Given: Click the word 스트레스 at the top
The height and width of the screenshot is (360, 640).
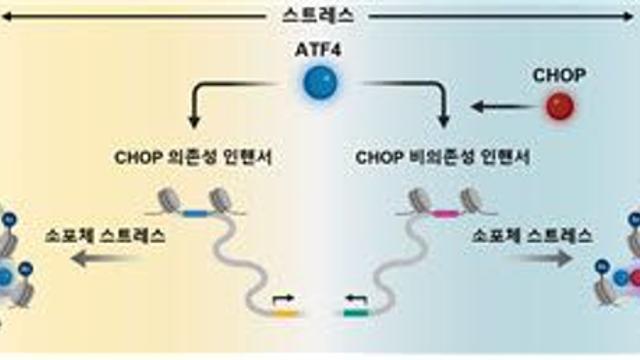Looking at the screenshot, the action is [318, 16].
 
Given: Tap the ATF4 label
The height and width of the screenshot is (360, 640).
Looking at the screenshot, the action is [318, 50].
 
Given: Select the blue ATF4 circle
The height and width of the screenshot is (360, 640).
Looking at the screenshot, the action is [320, 82].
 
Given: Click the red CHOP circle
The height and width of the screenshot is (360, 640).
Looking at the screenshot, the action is [560, 106].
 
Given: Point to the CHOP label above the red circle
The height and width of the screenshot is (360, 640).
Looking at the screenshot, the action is [559, 75].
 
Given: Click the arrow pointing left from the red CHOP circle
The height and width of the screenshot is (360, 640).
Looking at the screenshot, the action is [504, 107].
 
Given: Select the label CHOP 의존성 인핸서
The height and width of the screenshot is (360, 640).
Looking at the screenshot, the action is [193, 158].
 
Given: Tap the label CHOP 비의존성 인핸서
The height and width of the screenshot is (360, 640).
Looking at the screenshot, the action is [443, 158].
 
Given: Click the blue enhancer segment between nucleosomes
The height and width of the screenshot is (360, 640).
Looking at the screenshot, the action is [196, 213].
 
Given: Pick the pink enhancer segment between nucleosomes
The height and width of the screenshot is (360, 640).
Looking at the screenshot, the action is [447, 213].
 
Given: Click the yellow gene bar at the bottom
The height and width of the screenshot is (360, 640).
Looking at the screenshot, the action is [286, 313].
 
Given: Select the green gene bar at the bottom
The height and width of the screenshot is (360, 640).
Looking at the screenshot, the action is [356, 313].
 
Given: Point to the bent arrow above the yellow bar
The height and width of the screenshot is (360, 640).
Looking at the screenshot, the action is [283, 299].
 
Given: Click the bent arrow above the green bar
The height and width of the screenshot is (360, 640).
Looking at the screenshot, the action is [356, 299].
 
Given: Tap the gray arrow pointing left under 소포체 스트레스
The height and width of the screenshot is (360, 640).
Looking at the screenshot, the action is [107, 259].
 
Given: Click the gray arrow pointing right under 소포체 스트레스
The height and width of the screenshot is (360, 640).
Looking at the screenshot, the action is [538, 258].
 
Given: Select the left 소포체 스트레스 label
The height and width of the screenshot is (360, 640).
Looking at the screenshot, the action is [105, 236].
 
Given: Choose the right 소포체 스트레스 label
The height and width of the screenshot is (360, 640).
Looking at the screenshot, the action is [532, 236].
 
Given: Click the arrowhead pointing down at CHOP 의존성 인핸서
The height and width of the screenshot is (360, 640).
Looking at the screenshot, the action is [194, 122].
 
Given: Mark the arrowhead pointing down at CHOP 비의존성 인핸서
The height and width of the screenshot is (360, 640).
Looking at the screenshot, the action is [443, 122].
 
